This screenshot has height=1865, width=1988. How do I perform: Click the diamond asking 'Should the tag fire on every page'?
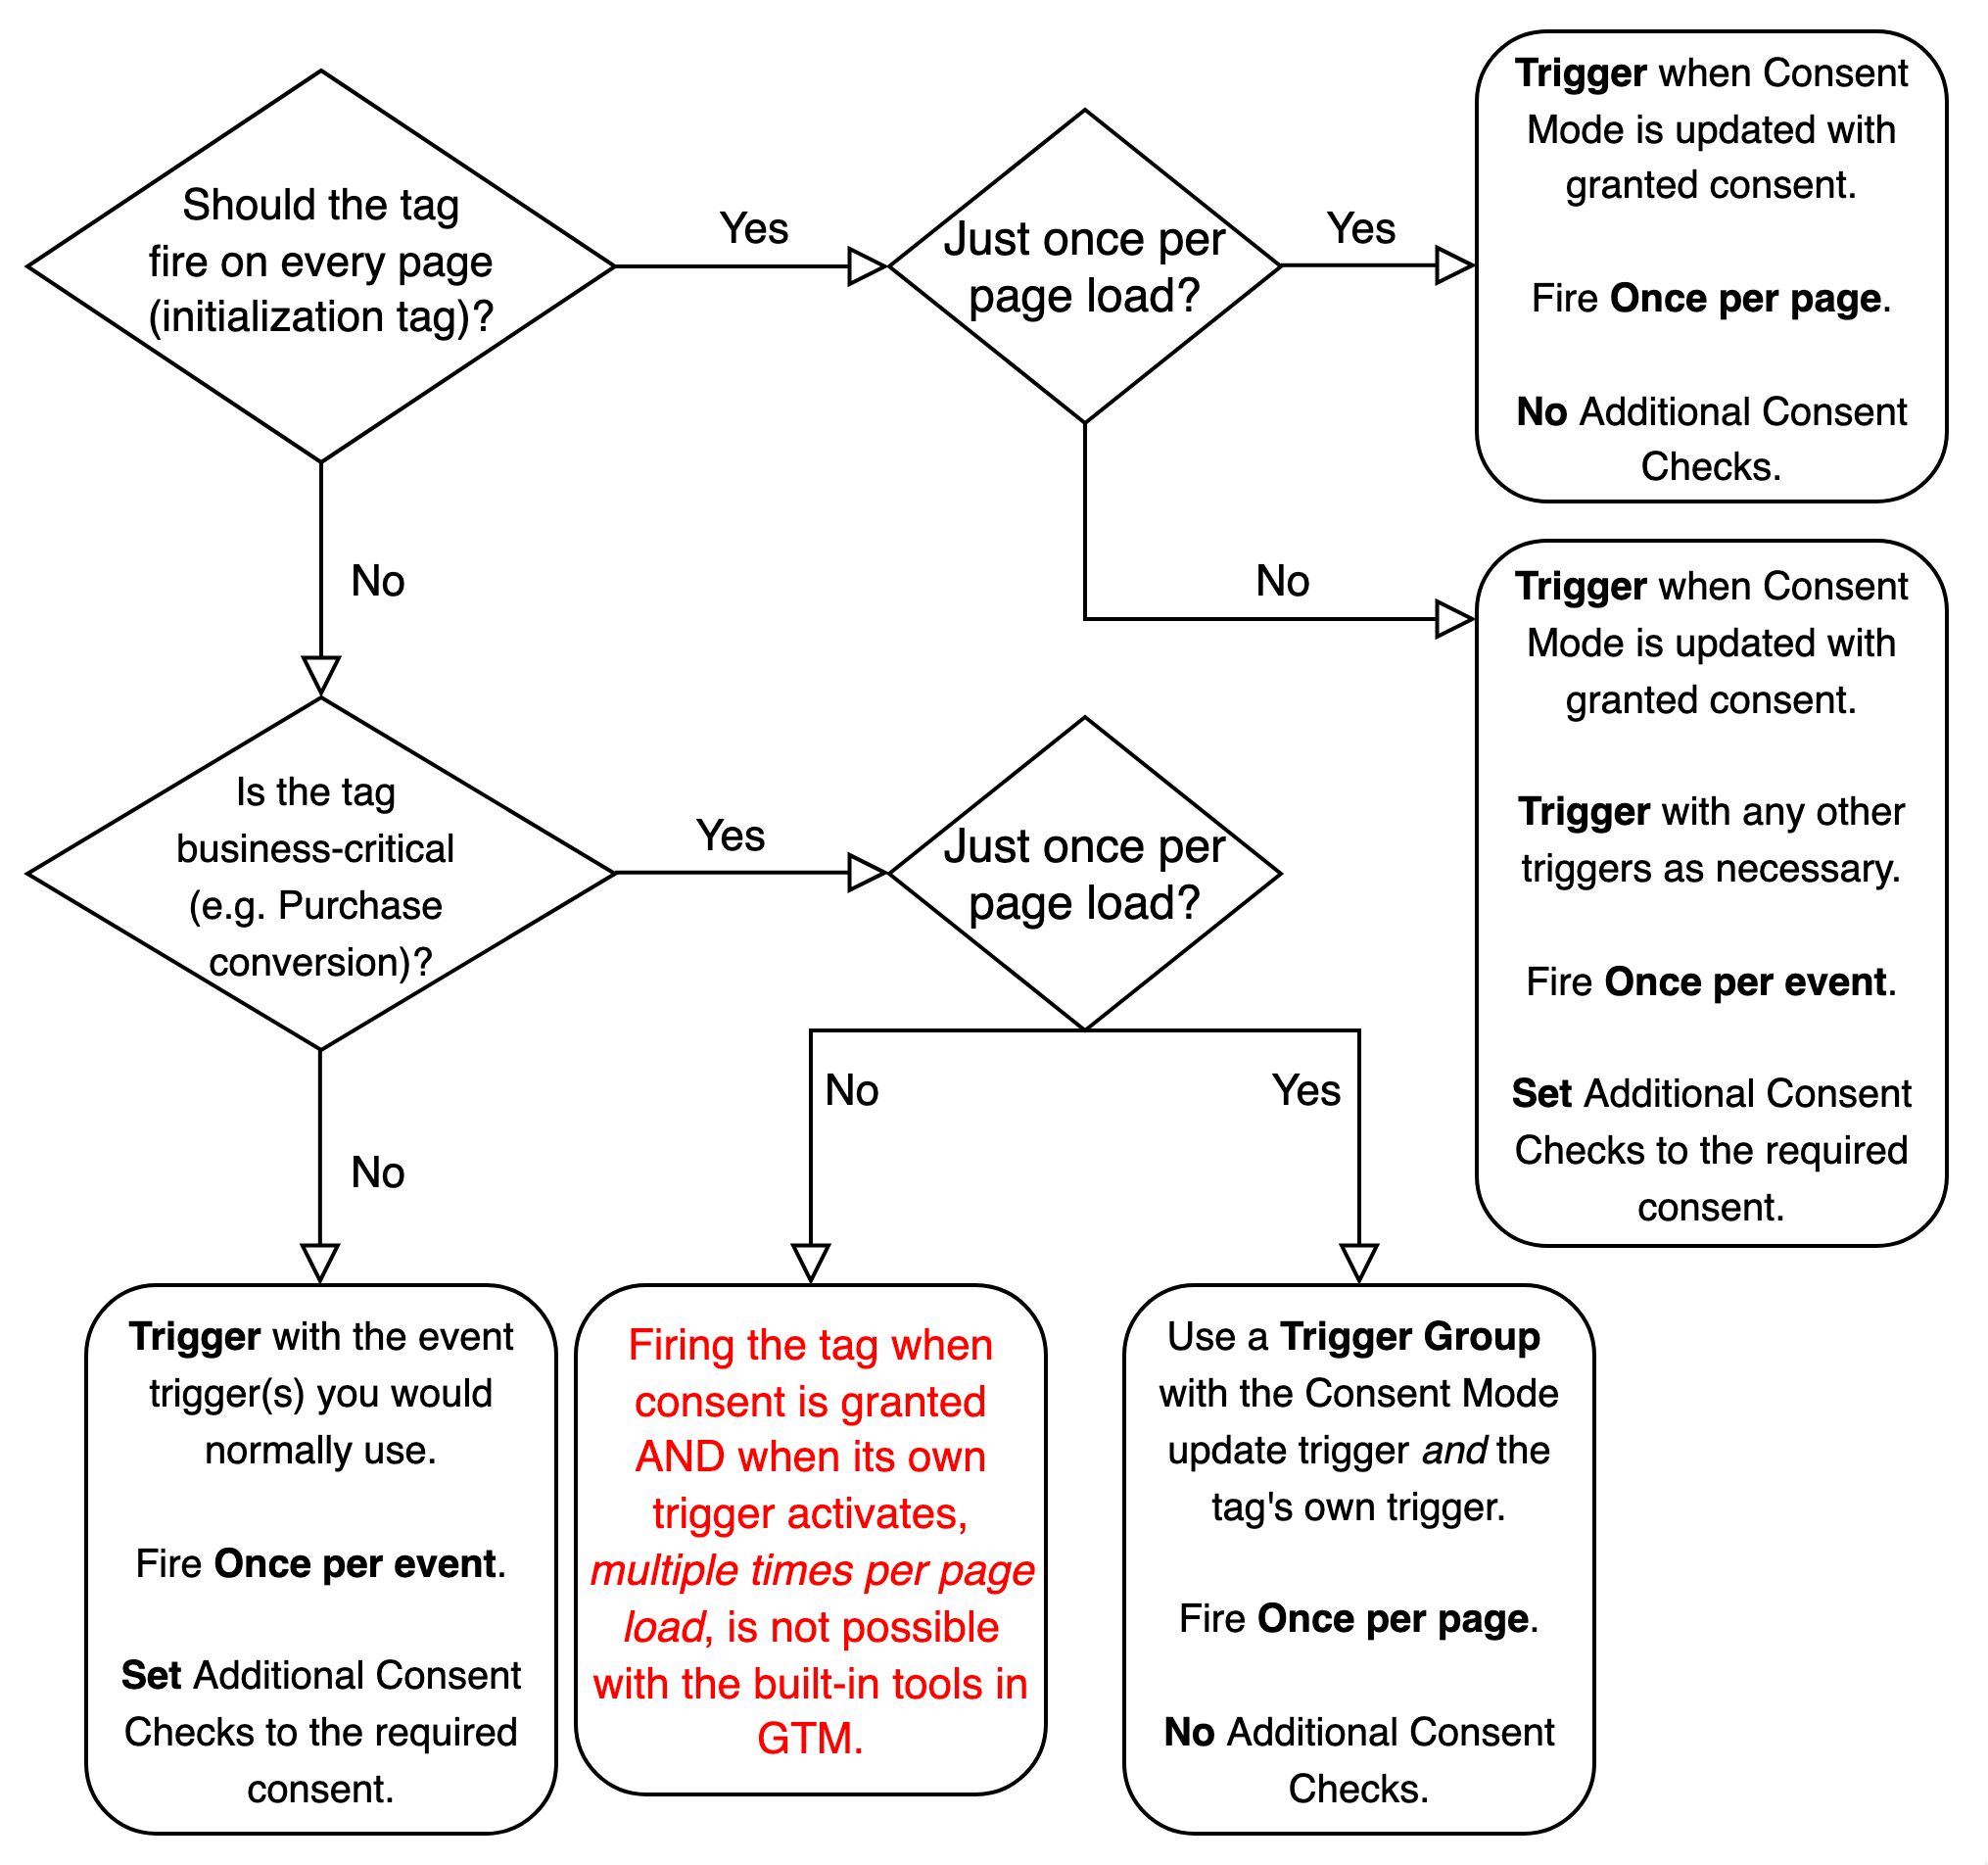point(321,266)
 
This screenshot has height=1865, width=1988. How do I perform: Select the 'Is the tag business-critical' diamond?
point(321,873)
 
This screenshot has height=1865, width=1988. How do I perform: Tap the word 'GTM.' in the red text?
point(810,1738)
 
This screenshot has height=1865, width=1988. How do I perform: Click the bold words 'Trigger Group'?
point(1410,1336)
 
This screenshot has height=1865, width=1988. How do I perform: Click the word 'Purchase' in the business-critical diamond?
point(360,905)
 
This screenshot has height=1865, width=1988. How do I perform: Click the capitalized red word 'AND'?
point(680,1456)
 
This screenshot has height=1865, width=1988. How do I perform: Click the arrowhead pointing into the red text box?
point(810,1263)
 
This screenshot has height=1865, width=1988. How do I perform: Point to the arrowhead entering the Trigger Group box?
point(1359,1263)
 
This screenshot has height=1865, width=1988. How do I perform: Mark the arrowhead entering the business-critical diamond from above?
point(321,676)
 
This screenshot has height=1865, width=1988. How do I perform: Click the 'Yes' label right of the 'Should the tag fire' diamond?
point(754,228)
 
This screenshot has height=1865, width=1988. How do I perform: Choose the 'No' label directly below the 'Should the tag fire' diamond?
point(377,580)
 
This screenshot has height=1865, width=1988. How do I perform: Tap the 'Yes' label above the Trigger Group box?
point(1306,1090)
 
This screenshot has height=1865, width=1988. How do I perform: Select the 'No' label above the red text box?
point(852,1090)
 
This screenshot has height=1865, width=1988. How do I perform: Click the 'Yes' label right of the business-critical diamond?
point(731,835)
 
